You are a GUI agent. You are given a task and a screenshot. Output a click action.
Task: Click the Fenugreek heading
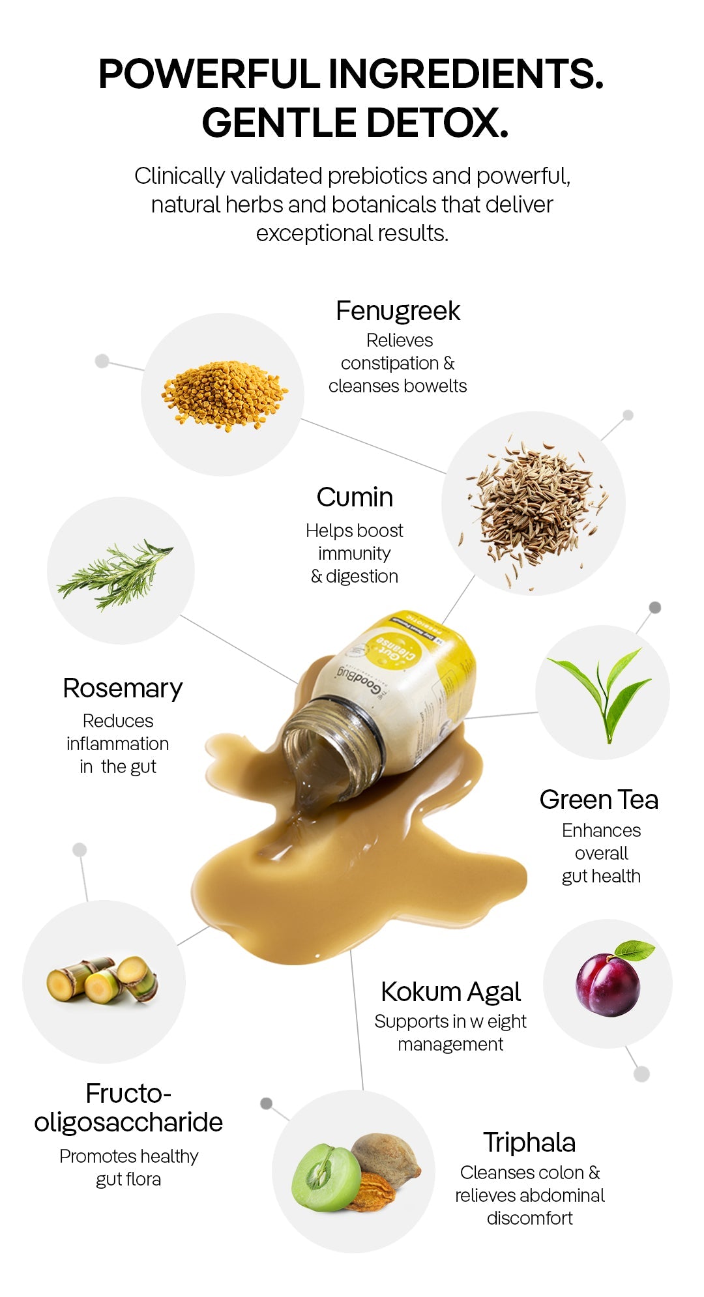[398, 311]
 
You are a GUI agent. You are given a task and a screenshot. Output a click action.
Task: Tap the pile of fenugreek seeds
[225, 396]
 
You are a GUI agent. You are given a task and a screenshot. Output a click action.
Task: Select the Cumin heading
[355, 497]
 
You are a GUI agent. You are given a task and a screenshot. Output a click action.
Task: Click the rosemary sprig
[115, 574]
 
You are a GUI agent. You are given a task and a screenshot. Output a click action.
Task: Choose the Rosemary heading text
[123, 689]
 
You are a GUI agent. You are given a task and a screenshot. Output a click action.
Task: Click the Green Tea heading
[598, 800]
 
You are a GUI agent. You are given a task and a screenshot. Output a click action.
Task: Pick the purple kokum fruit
[608, 985]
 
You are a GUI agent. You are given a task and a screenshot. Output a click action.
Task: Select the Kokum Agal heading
[450, 993]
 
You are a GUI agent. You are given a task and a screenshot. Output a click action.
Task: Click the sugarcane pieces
[102, 980]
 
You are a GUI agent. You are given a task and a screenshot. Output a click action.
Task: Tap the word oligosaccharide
[128, 1122]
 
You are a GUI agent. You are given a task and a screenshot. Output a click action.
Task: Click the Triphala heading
[529, 1143]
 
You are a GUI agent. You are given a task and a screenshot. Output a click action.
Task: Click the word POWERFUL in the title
[209, 73]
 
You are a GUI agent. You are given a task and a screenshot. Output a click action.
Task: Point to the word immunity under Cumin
[354, 554]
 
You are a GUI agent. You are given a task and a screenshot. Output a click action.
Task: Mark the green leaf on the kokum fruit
[634, 950]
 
